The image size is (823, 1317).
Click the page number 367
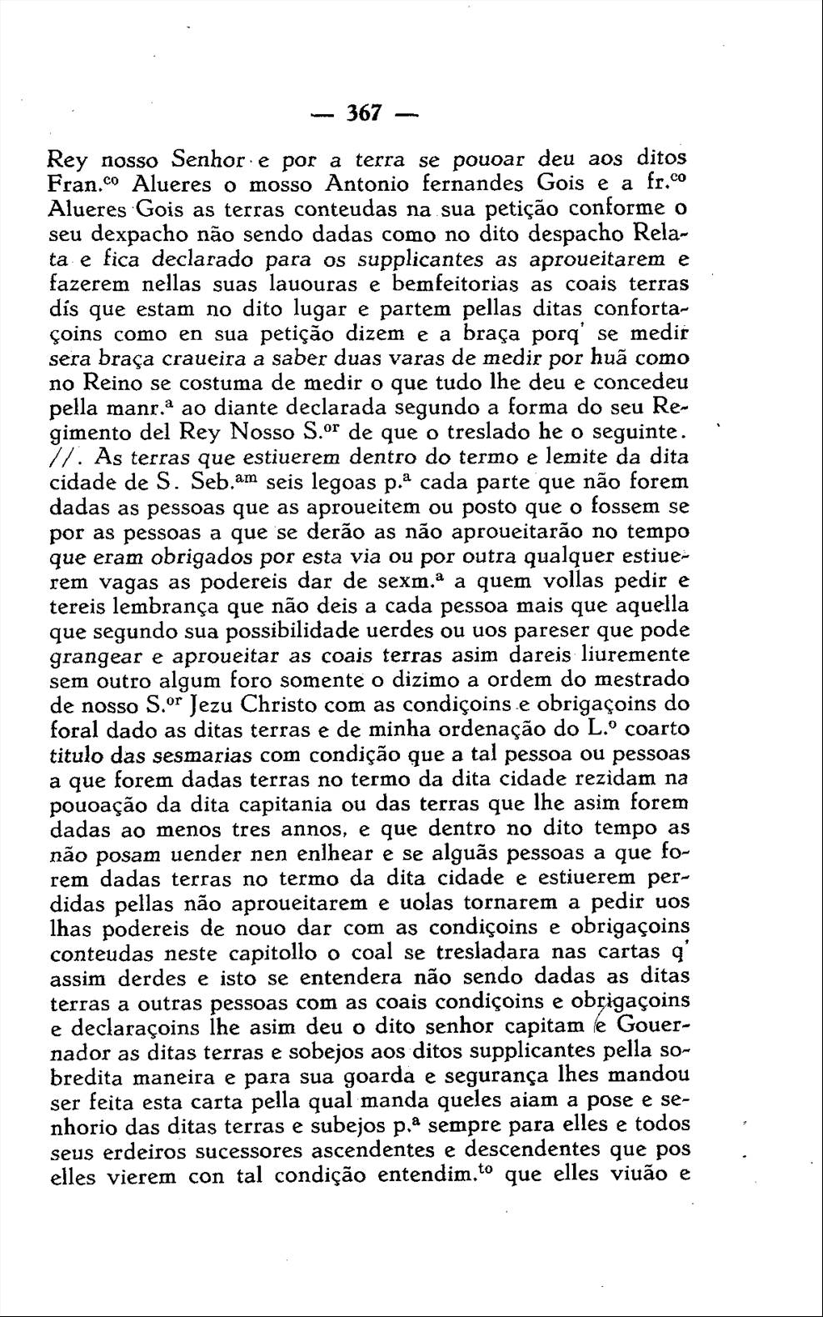364,113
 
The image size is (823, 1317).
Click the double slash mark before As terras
66,458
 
